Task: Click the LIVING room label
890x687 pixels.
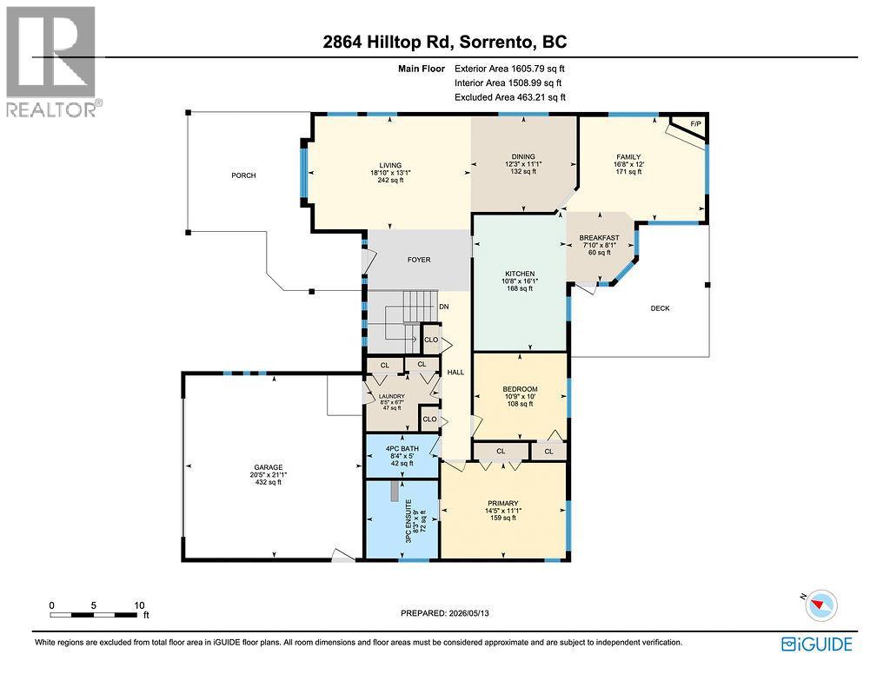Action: click(390, 166)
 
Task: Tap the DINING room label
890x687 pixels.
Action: click(522, 156)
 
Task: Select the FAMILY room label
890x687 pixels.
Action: click(628, 156)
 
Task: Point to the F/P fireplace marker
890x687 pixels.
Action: click(695, 123)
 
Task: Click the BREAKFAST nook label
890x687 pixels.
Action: click(599, 238)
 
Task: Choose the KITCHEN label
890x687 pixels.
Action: click(520, 274)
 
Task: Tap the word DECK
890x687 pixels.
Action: click(661, 308)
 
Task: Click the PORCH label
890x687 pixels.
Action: click(243, 175)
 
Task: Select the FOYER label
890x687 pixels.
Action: click(419, 260)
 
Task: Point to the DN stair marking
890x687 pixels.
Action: click(444, 307)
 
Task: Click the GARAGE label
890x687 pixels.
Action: click(269, 467)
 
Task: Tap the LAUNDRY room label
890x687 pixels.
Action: click(392, 396)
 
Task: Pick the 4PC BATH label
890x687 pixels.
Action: click(402, 448)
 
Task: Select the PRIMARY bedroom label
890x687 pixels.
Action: click(503, 503)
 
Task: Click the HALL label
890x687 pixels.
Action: click(455, 372)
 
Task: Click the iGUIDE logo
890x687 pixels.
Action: click(817, 644)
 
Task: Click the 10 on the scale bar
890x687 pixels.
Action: click(139, 605)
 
